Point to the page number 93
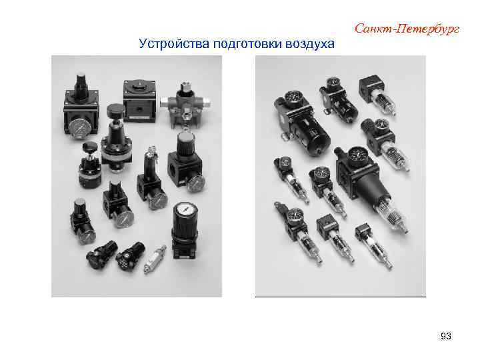point(446,337)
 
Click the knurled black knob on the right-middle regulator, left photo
point(185,142)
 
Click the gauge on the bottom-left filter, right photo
point(295,215)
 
